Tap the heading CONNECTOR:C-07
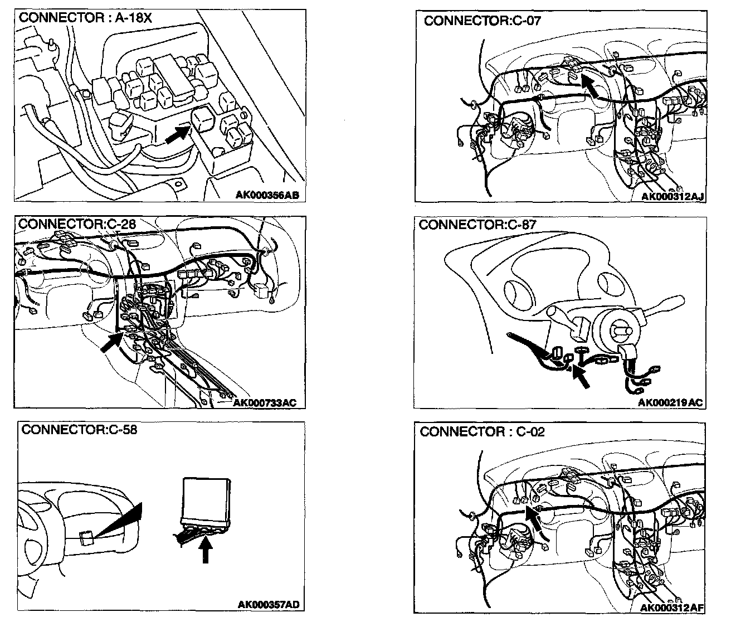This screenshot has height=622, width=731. click(482, 21)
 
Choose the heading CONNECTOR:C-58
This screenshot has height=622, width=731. click(79, 430)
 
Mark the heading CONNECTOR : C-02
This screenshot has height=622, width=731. click(483, 432)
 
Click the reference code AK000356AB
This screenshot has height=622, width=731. click(267, 195)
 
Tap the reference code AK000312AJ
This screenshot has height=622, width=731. click(672, 196)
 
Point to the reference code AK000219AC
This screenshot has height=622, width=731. click(670, 402)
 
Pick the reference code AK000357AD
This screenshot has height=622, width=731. click(269, 605)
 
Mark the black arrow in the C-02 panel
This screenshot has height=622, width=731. click(534, 516)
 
